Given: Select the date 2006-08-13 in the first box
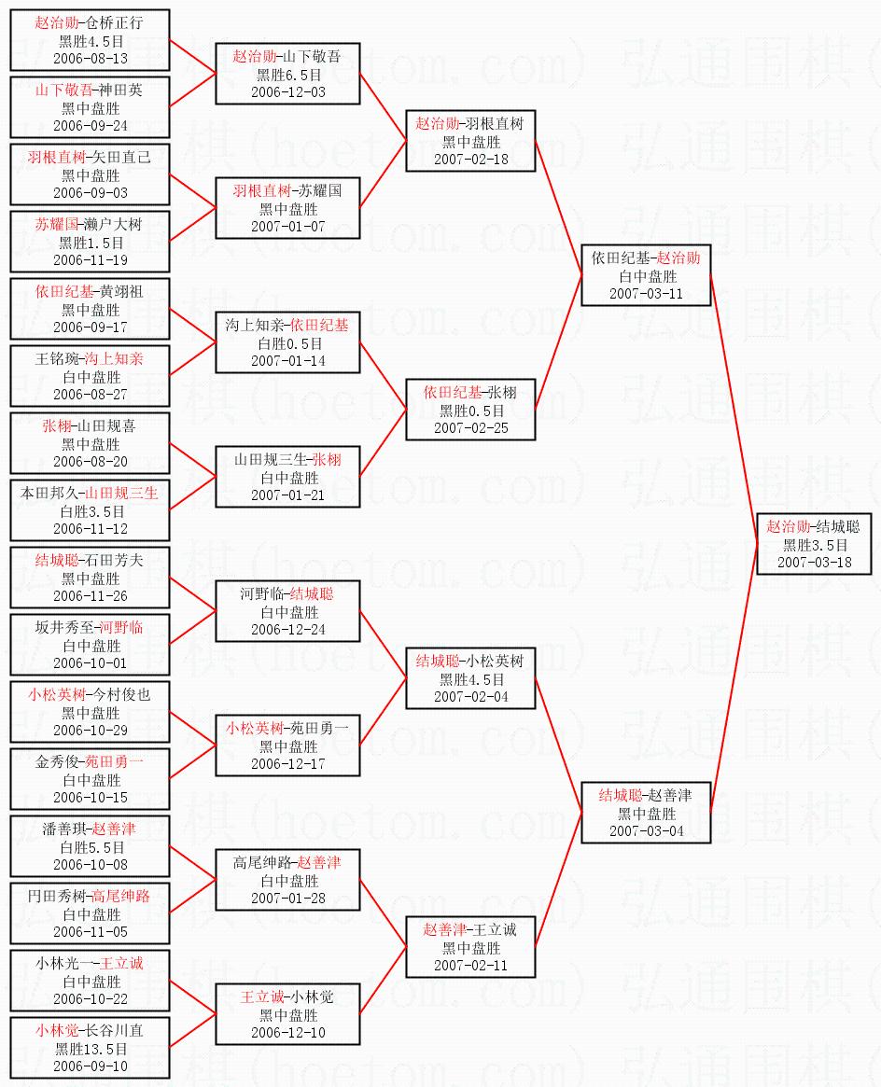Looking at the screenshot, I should point(91,58).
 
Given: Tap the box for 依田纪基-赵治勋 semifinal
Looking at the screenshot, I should point(645,275).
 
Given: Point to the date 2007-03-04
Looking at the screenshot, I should point(646,830).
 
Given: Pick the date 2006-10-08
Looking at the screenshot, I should point(91,864).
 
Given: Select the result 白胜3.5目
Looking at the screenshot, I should point(91,511).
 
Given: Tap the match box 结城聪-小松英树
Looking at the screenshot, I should point(470,678).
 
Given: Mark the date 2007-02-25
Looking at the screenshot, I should point(470,427).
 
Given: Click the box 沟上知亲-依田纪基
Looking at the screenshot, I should point(287,342).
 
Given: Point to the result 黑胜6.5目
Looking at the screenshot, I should point(287,75).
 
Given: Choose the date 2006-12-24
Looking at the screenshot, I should point(287,629).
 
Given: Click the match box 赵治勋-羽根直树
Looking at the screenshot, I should point(470,141).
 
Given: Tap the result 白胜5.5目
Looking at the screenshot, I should point(91,847).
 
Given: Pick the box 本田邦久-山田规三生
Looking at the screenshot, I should point(91,510).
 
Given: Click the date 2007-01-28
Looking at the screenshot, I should point(287,898).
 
